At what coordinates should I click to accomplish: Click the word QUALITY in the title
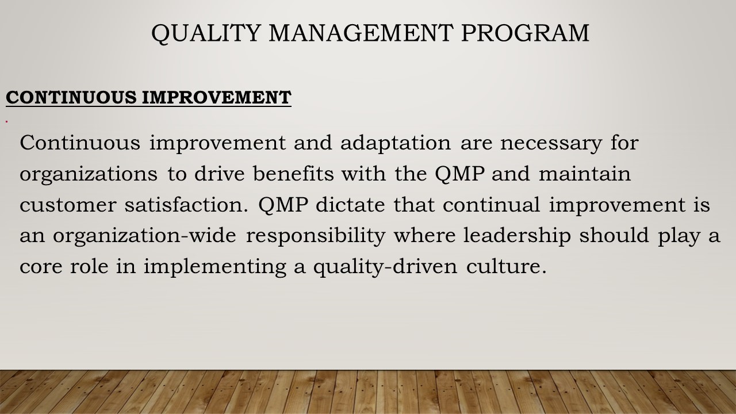pos(206,33)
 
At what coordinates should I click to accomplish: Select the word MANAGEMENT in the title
pos(361,33)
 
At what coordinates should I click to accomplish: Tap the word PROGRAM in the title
pos(525,33)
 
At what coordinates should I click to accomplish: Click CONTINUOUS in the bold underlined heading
pos(71,97)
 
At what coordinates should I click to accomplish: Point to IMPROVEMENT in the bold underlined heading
pos(217,97)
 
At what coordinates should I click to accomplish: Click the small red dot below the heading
pos(6,122)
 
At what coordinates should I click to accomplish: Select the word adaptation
pos(396,144)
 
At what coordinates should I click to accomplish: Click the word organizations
pos(89,174)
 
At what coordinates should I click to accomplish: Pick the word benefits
pos(293,173)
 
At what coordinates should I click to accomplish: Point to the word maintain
pos(585,173)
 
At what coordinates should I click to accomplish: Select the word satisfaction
pos(186,204)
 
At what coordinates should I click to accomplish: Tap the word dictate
pos(350,204)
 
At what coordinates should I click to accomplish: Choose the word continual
pos(491,204)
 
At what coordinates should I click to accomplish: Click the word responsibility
pos(316,236)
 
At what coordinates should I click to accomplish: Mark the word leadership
pos(517,236)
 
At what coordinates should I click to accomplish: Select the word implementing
pos(215,267)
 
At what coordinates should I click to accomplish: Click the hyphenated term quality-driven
pos(385,267)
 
